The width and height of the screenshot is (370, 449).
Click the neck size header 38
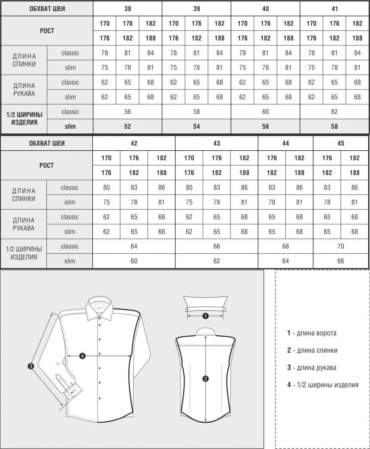click(x=127, y=9)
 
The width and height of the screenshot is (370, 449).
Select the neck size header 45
click(x=341, y=144)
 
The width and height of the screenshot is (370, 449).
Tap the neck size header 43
click(x=217, y=144)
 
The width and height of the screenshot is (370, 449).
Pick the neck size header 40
click(x=265, y=9)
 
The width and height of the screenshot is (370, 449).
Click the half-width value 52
click(x=127, y=127)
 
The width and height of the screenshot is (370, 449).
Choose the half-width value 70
click(x=341, y=247)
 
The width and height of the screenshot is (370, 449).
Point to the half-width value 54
click(x=197, y=127)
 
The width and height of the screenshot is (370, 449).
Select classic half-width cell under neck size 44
click(x=285, y=247)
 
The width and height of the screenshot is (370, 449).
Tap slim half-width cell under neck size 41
click(x=334, y=127)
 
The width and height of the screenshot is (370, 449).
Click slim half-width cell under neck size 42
click(x=134, y=261)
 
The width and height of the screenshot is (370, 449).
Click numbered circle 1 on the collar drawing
click(x=205, y=316)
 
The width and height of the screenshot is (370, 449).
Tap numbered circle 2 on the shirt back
click(x=206, y=379)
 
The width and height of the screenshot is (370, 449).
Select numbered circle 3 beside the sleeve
click(x=31, y=366)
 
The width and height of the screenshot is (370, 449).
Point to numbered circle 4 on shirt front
click(x=82, y=355)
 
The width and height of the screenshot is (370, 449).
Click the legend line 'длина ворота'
click(x=312, y=333)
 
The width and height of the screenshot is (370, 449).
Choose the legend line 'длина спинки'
click(x=312, y=350)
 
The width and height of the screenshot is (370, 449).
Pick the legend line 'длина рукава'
click(x=312, y=368)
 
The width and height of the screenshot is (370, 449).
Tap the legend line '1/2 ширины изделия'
click(x=322, y=385)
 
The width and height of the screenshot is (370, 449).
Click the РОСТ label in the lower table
click(x=46, y=165)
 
